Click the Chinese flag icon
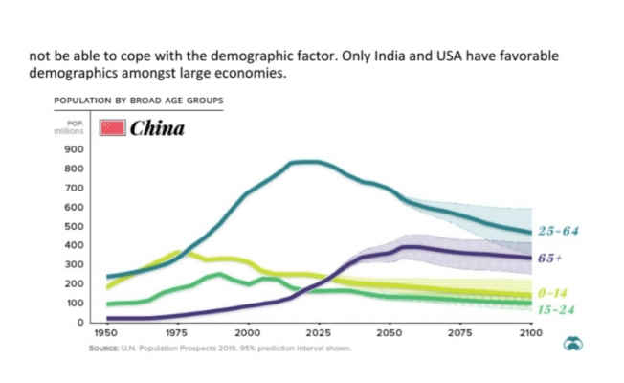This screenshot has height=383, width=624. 113,127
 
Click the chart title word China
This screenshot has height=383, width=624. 157,127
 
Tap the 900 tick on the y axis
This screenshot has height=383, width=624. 74,149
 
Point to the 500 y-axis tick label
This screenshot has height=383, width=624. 74,226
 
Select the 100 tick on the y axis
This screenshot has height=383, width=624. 74,303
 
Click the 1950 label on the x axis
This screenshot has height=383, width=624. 105,332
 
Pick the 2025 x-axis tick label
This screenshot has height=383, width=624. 318,332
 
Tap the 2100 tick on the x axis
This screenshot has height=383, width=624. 530,332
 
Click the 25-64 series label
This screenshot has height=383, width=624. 560,232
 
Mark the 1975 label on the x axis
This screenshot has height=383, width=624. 176,332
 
